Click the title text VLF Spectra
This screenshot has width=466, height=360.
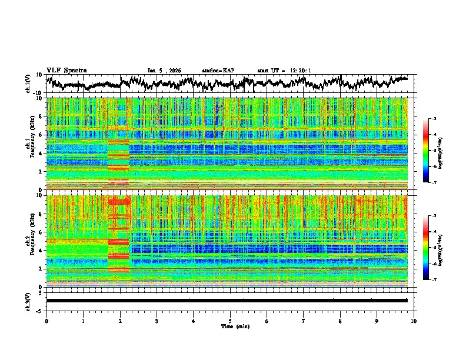click(x=66, y=71)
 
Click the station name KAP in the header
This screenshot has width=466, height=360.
click(x=228, y=71)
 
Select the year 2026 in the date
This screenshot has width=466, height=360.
click(x=174, y=71)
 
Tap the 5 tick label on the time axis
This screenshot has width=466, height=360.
click(x=230, y=321)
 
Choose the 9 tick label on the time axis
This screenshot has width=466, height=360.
click(x=377, y=321)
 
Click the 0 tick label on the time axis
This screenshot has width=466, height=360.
click(x=46, y=321)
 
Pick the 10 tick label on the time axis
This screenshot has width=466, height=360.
click(x=414, y=321)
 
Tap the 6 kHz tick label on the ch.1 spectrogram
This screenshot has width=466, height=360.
click(x=41, y=135)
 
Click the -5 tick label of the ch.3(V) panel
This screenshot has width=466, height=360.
click(x=39, y=310)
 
